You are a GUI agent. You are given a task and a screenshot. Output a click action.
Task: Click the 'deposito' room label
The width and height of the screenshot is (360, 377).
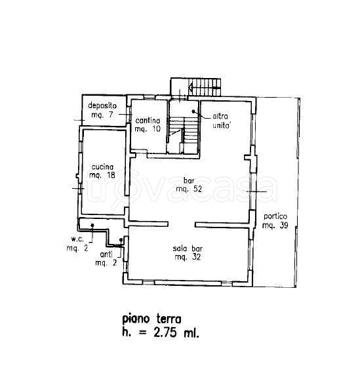(x=102, y=106)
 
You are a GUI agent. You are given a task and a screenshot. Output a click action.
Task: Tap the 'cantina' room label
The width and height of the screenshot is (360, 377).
(x=148, y=120)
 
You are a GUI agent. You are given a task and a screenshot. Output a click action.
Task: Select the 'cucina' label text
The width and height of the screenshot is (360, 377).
(x=102, y=167)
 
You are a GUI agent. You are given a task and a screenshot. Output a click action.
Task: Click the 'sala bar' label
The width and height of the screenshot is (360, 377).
(x=188, y=248)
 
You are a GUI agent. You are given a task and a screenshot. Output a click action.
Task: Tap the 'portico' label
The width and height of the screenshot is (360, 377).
(x=275, y=216)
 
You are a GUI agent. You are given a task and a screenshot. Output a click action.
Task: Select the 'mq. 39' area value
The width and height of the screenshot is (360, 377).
(x=275, y=226)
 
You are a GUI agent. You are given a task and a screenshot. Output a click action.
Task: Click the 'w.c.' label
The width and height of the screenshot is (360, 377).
(x=77, y=239)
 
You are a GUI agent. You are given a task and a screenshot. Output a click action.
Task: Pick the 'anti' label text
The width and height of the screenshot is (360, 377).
(x=106, y=254)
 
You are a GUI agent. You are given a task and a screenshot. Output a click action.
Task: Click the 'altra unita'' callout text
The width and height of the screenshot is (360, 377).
(x=221, y=121)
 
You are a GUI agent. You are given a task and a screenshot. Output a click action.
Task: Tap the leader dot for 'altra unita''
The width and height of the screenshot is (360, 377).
(x=193, y=111)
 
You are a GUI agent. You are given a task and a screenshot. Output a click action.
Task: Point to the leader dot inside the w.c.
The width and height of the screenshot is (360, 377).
(x=92, y=226)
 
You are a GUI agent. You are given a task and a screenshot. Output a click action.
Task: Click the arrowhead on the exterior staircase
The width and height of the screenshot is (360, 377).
(x=190, y=87)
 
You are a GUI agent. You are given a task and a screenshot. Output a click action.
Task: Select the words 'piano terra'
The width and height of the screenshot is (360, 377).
(x=151, y=319)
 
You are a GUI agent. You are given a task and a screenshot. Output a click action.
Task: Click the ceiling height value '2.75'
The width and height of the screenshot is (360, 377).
(x=165, y=333)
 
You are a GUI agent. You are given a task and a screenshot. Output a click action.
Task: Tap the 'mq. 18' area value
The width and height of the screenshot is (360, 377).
(x=102, y=175)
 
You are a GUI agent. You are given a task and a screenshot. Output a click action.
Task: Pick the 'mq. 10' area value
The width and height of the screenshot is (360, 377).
(x=148, y=129)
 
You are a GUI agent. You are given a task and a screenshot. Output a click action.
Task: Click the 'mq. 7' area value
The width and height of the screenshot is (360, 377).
(x=102, y=115)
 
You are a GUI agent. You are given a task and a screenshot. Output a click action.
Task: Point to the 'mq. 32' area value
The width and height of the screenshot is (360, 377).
(x=188, y=257)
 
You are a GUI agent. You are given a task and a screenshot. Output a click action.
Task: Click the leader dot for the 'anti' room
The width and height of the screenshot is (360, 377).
(x=121, y=240)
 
